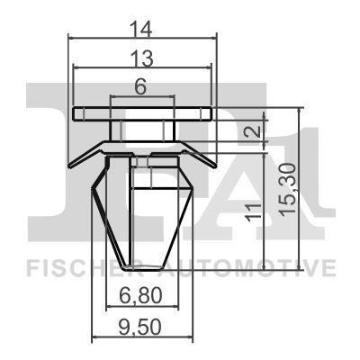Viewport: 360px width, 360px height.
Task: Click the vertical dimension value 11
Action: pyautogui.click(x=254, y=212)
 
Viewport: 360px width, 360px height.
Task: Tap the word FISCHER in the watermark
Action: pyautogui.click(x=72, y=267)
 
